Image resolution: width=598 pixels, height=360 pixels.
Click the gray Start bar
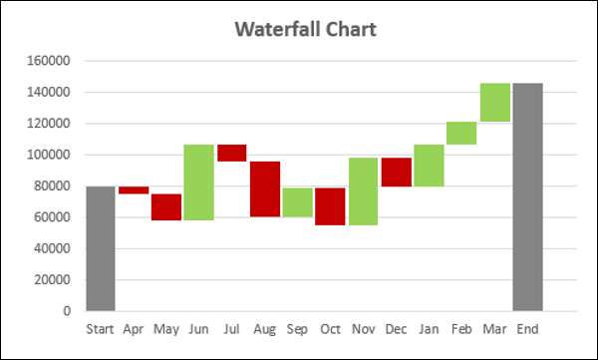point(100,248)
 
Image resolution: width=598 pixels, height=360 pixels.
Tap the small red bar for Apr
point(133,189)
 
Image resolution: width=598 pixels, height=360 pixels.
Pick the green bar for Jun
point(198,182)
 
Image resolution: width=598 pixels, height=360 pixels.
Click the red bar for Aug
point(264,188)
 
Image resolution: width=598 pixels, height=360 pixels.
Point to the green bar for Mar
point(494,102)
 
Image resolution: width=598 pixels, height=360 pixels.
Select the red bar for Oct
point(330,206)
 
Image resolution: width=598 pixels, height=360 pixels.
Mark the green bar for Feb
point(461,133)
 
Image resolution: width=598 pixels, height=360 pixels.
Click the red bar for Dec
point(396,172)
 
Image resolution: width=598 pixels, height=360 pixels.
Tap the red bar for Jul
point(231,153)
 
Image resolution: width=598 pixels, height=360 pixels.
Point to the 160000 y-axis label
point(49,61)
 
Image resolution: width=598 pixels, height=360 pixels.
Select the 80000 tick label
point(52,186)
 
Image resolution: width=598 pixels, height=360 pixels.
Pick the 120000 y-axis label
point(49,124)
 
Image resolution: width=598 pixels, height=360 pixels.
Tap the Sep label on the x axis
point(297,329)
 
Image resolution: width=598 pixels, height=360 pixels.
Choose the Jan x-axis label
point(429,329)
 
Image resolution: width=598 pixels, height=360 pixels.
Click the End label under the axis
point(527,329)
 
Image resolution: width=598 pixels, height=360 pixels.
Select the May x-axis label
point(165,329)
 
